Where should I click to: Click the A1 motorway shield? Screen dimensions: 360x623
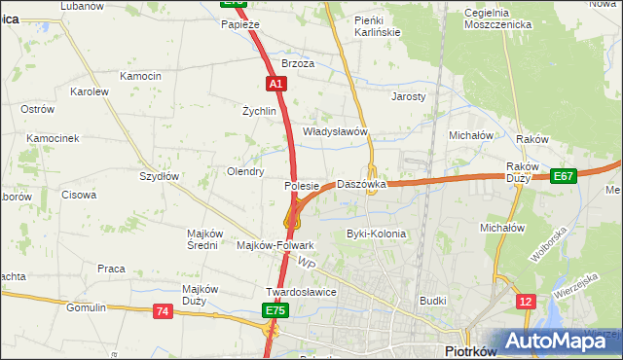276,85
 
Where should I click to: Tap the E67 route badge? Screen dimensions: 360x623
563,176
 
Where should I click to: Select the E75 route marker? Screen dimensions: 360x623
275,310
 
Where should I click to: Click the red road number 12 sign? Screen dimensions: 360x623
526,303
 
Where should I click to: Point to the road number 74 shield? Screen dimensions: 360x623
164,310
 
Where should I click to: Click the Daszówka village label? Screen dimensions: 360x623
362,184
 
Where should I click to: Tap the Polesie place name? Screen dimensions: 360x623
302,185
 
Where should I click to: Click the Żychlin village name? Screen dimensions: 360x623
260,111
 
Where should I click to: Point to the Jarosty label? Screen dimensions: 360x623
409,97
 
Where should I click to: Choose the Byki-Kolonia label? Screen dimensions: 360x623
376,234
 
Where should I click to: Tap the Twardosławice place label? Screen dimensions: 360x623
301,292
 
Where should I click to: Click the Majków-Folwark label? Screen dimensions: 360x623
275,246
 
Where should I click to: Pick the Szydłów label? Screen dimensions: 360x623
159,176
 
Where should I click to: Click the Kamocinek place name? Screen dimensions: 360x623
53,138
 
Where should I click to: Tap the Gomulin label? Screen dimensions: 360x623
86,307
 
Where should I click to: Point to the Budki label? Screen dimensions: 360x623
432,302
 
